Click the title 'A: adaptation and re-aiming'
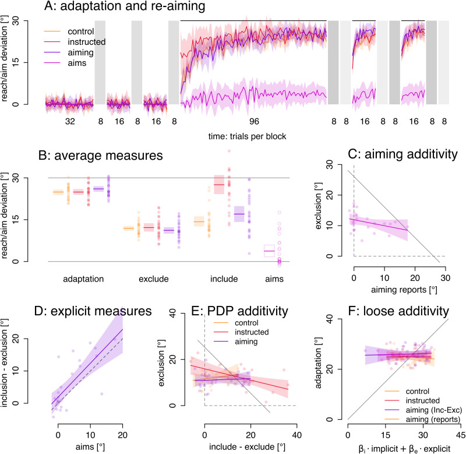coord(125,6)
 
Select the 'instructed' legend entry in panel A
coord(86,42)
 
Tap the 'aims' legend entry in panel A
coord(77,63)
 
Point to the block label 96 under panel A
coord(254,121)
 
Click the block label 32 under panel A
coord(70,121)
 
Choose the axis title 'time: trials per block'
coord(247,136)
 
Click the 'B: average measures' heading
coord(100,156)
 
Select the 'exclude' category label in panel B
coord(154,279)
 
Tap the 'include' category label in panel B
coord(224,279)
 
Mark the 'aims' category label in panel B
coord(274,279)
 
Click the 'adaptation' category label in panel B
coord(83,279)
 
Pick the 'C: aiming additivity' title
coord(403,154)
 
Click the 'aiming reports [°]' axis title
coord(404,290)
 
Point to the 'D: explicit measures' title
coord(93,311)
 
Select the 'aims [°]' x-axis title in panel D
coord(90,447)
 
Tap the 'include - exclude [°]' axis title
coord(247,447)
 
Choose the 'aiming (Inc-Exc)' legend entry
coord(434,410)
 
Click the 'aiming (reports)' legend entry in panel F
coord(433,420)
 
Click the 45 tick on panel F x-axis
coord(461,435)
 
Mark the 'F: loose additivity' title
coord(398,311)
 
